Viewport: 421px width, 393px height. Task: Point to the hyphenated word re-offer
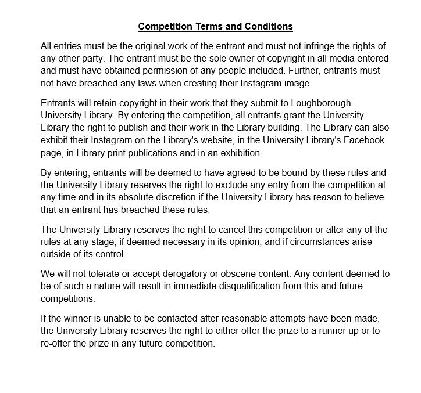58,343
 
